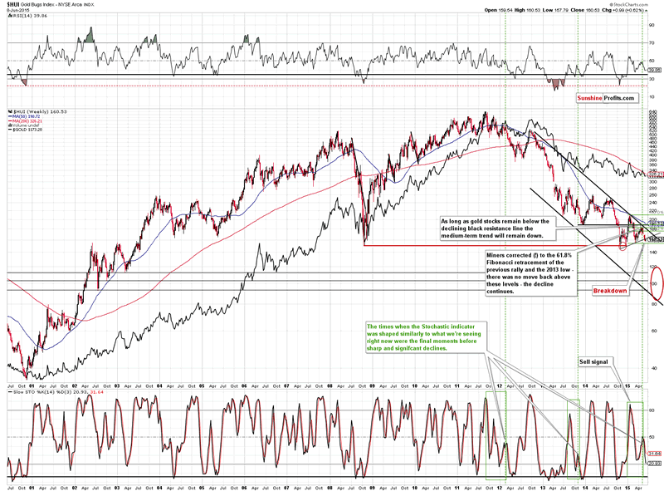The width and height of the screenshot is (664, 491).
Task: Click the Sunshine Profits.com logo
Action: (607, 98)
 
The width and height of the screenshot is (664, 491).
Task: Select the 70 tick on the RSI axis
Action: (652, 42)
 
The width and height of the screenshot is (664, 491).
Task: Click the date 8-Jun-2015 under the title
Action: (14, 11)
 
